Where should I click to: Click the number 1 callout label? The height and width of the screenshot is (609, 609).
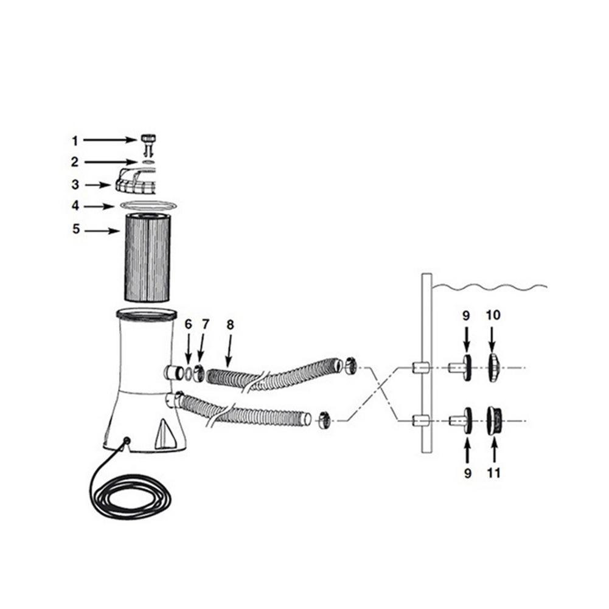[x=75, y=141]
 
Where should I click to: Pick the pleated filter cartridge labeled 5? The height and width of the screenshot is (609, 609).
[x=149, y=256]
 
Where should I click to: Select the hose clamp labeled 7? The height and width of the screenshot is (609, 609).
[x=199, y=372]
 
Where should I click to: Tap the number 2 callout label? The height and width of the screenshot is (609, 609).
[x=75, y=162]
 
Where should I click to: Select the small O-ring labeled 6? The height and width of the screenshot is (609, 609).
[x=189, y=371]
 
